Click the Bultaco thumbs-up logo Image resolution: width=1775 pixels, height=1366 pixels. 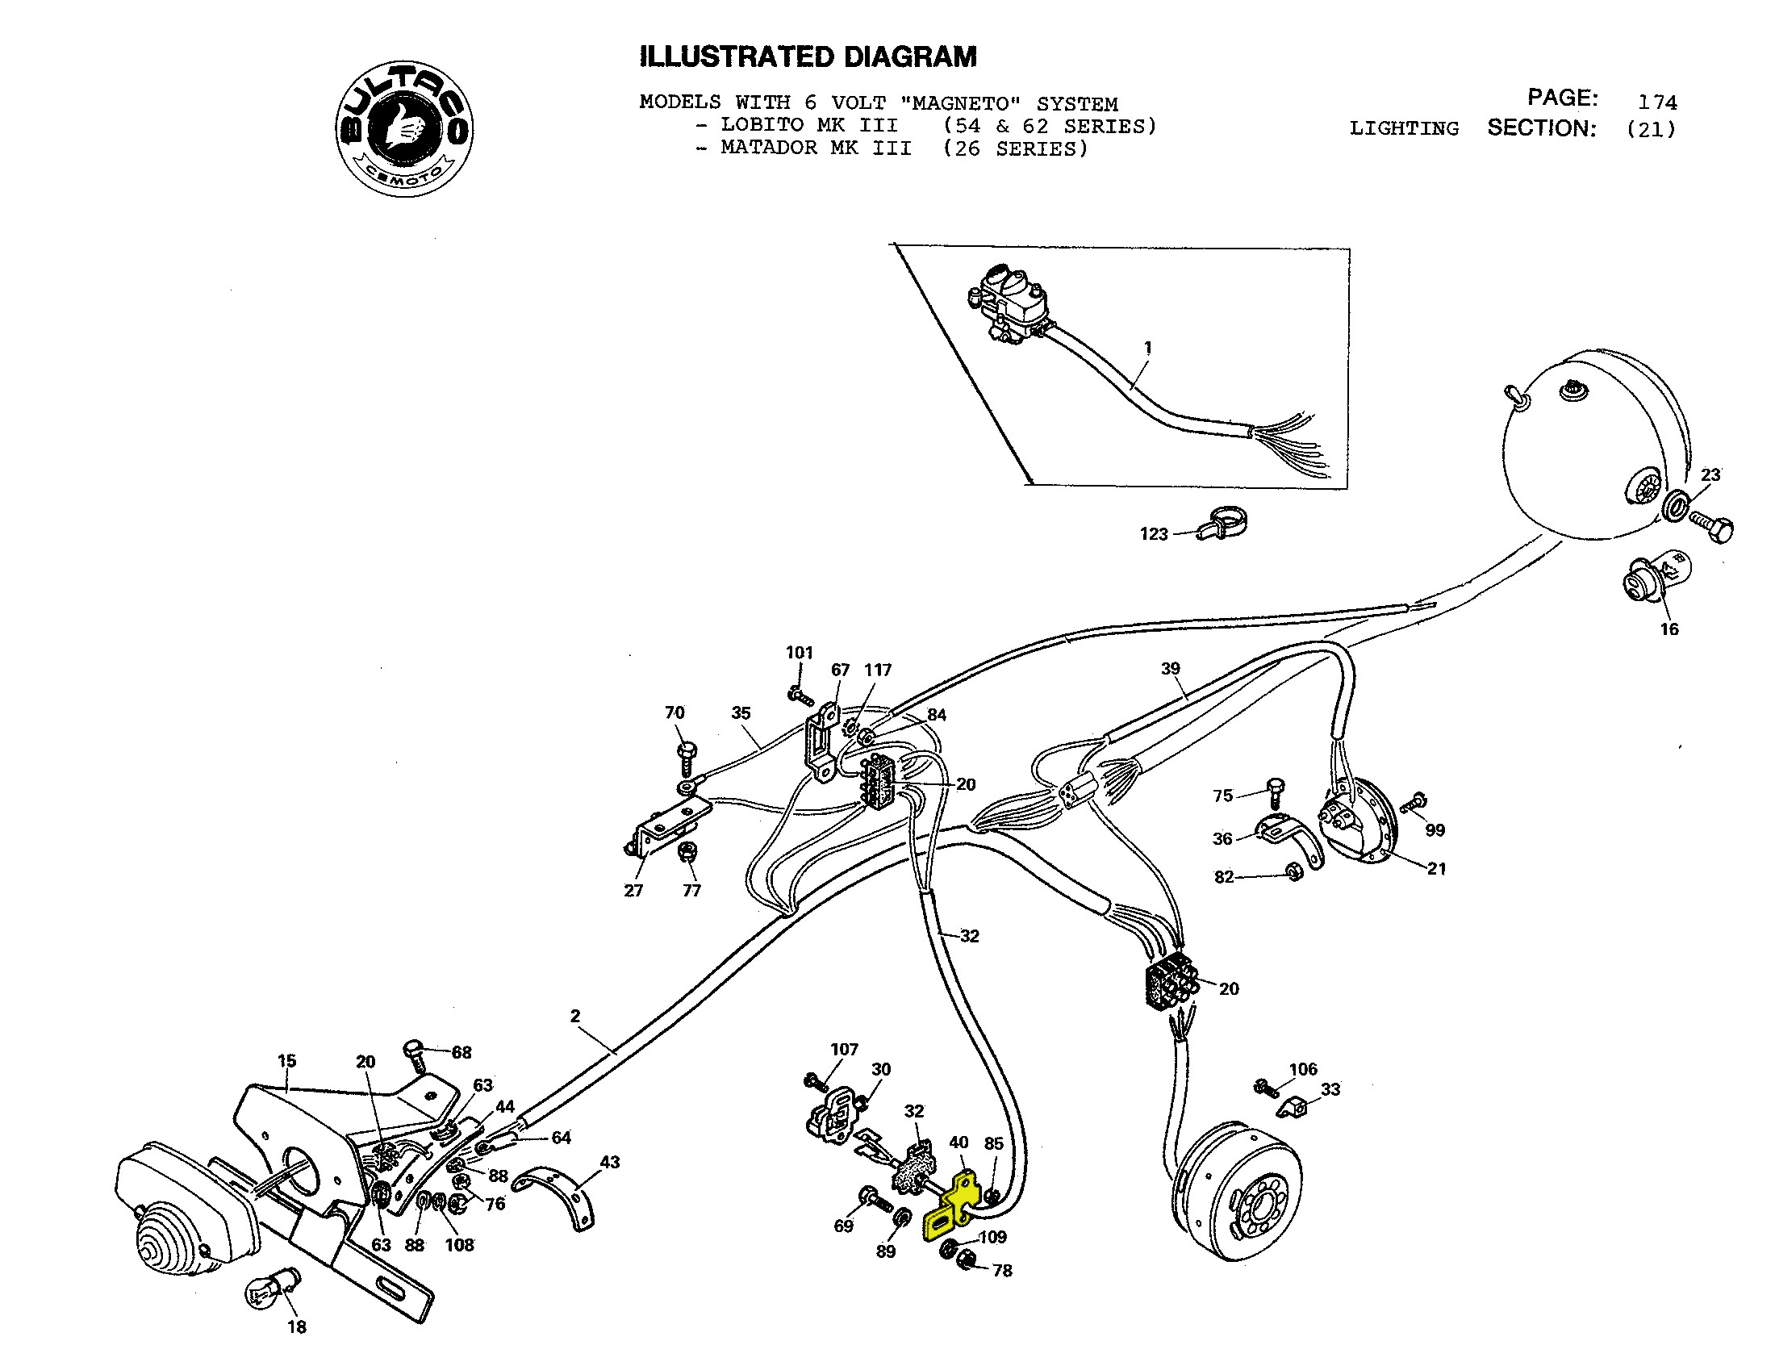click(x=405, y=128)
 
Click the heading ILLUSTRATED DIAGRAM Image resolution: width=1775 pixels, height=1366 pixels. click(x=808, y=56)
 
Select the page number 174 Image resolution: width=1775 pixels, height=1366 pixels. click(x=1657, y=102)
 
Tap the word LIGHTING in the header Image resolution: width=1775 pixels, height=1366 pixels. click(x=1404, y=128)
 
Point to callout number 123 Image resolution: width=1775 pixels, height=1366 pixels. click(x=1153, y=534)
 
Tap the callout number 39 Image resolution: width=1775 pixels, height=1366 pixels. click(x=1170, y=668)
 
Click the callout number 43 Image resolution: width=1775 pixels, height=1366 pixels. click(x=609, y=1162)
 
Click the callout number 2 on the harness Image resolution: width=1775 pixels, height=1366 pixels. click(x=575, y=1016)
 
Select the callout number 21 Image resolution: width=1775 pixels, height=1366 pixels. click(x=1436, y=868)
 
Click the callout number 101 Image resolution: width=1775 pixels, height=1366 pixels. click(x=799, y=653)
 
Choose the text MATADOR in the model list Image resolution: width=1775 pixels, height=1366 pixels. click(x=768, y=148)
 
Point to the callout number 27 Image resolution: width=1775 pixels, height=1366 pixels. click(x=633, y=891)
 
